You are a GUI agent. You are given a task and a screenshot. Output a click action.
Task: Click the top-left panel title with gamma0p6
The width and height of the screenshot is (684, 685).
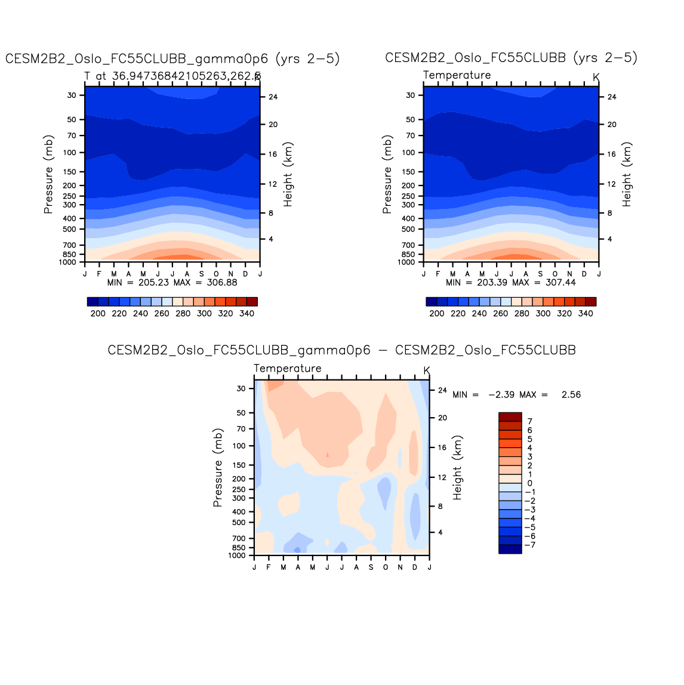[172, 58]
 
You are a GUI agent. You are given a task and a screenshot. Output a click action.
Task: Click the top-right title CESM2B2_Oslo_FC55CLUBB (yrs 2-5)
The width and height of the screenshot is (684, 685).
[511, 58]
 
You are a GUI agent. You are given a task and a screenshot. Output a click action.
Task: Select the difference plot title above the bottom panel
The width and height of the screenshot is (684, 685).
[341, 350]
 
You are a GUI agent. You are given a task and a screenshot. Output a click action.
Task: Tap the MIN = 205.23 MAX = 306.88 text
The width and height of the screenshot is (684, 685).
[172, 282]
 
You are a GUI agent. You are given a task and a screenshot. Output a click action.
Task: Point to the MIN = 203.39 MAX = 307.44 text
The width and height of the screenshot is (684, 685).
[511, 282]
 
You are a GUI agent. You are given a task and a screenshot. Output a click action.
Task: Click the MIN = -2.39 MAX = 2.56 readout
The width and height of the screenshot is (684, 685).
[516, 394]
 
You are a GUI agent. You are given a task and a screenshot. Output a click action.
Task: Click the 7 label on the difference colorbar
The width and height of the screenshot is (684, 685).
[529, 421]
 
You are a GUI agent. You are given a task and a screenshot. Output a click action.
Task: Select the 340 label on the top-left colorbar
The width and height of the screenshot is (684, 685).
[247, 313]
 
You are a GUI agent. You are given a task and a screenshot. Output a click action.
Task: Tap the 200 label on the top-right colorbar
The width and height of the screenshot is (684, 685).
[437, 313]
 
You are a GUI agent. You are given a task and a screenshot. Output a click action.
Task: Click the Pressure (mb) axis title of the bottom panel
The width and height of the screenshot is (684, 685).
[218, 468]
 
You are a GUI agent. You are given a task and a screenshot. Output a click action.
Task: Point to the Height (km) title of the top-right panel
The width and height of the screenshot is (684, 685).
[627, 174]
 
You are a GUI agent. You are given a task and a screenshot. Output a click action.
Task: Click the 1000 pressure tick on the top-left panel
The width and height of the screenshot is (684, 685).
[67, 263]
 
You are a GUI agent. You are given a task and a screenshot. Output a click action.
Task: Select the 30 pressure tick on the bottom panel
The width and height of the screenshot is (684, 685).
[241, 388]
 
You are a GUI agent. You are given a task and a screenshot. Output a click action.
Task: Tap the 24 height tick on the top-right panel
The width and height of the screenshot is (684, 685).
[612, 97]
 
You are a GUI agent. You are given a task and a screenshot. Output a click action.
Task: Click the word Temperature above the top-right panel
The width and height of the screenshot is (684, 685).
[457, 75]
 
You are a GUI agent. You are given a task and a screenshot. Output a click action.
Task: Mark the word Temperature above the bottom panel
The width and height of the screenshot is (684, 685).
[287, 368]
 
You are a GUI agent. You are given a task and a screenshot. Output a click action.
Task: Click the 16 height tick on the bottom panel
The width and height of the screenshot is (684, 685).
[442, 447]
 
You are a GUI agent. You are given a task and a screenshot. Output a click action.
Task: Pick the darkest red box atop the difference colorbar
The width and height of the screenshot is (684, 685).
[510, 416]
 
